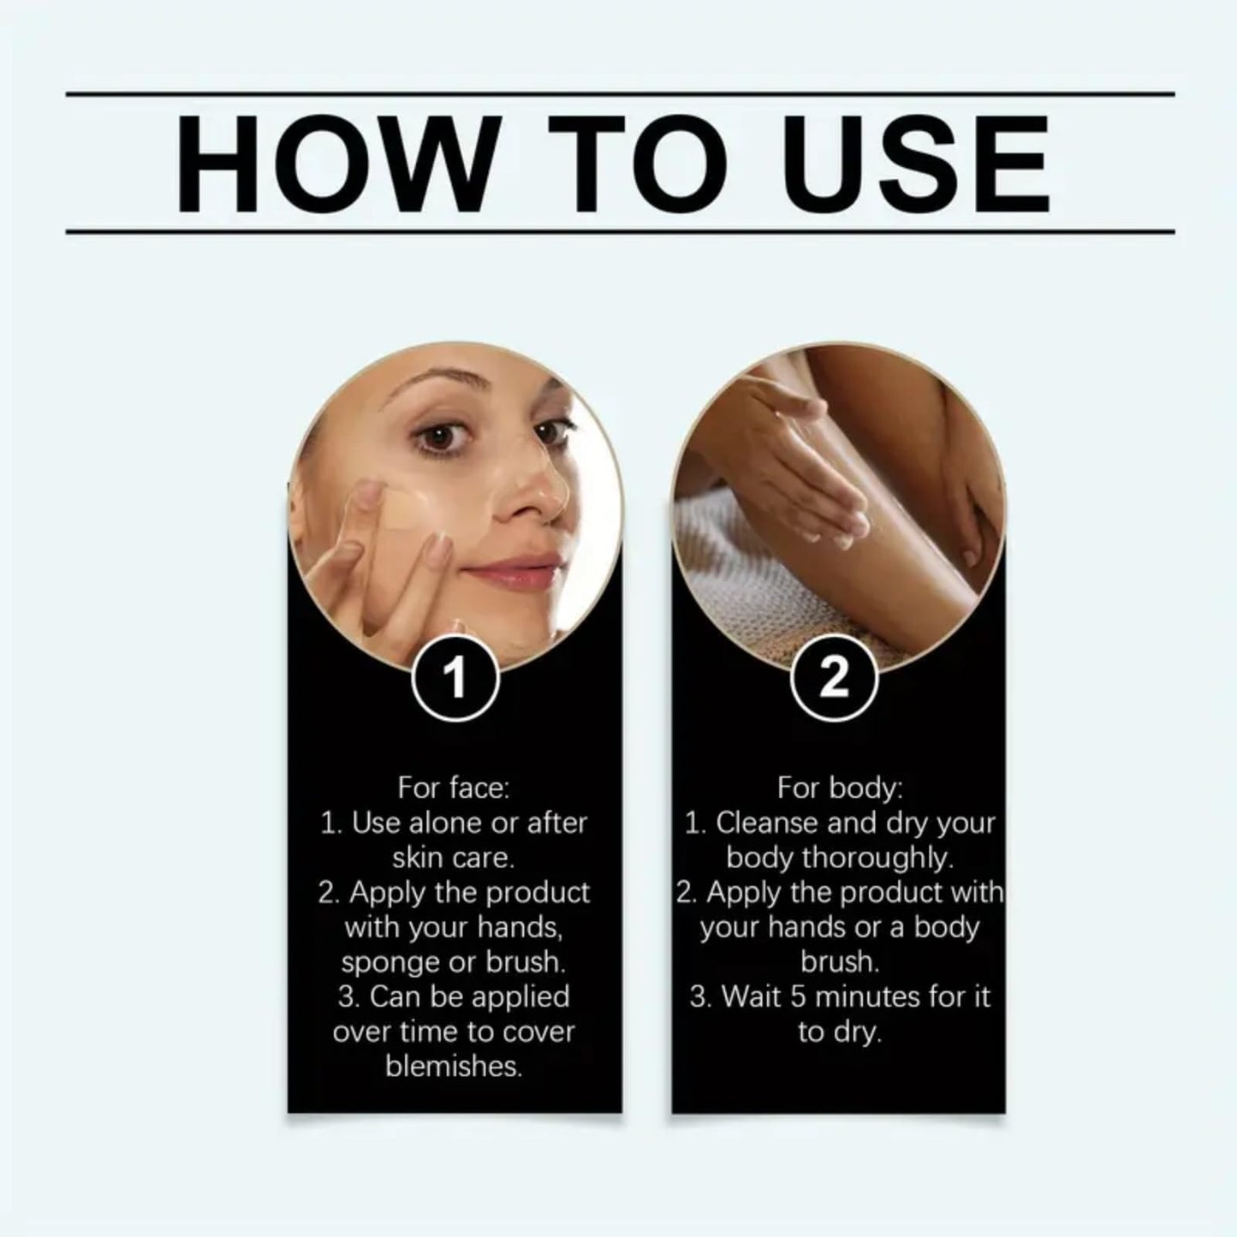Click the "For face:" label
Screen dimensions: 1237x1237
tap(454, 788)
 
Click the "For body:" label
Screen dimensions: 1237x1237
tap(839, 788)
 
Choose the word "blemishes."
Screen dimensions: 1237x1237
tap(454, 1067)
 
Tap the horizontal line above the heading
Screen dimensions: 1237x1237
tap(620, 93)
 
